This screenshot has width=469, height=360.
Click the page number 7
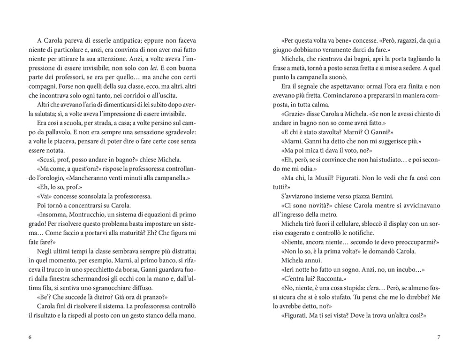pyautogui.click(x=439, y=337)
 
